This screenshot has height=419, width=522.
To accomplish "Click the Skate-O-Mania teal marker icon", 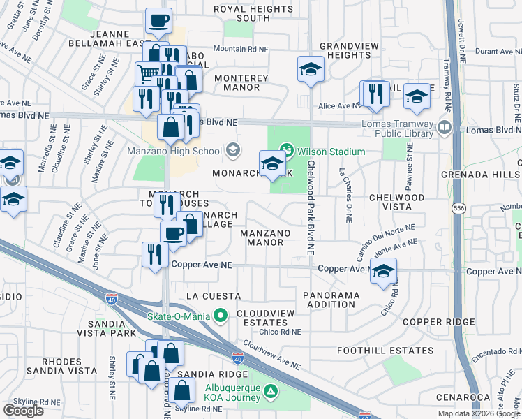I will [x=221, y=316].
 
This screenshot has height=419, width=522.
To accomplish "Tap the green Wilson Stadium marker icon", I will [x=285, y=149].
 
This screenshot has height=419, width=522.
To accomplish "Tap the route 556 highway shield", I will [x=457, y=209].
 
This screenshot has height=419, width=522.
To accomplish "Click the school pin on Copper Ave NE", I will [x=383, y=272].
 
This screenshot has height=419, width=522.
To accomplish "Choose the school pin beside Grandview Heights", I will [x=311, y=69].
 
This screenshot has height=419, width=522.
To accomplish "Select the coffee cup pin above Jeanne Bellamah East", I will [x=159, y=21].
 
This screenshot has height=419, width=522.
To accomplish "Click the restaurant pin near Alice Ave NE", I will [x=377, y=94].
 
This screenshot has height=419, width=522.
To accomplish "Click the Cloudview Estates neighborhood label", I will [x=261, y=318].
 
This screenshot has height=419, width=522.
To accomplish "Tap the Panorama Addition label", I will [x=331, y=300].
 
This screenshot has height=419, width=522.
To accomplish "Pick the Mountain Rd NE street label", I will [x=240, y=49].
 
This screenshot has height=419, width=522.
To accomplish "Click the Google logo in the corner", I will [x=23, y=410].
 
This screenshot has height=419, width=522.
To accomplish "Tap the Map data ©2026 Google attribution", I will [x=478, y=413].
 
